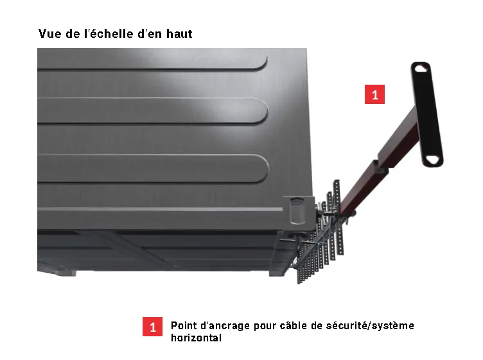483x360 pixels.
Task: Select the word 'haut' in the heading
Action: (x=180, y=33)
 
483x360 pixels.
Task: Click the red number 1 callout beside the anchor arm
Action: (x=374, y=94)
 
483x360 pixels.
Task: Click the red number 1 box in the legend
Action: (x=152, y=327)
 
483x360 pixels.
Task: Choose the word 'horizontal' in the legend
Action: (x=197, y=338)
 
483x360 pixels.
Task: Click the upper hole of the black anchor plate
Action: (x=419, y=68)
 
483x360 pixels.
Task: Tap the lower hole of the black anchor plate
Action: (x=433, y=160)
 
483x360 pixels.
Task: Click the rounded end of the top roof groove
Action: (x=262, y=62)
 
